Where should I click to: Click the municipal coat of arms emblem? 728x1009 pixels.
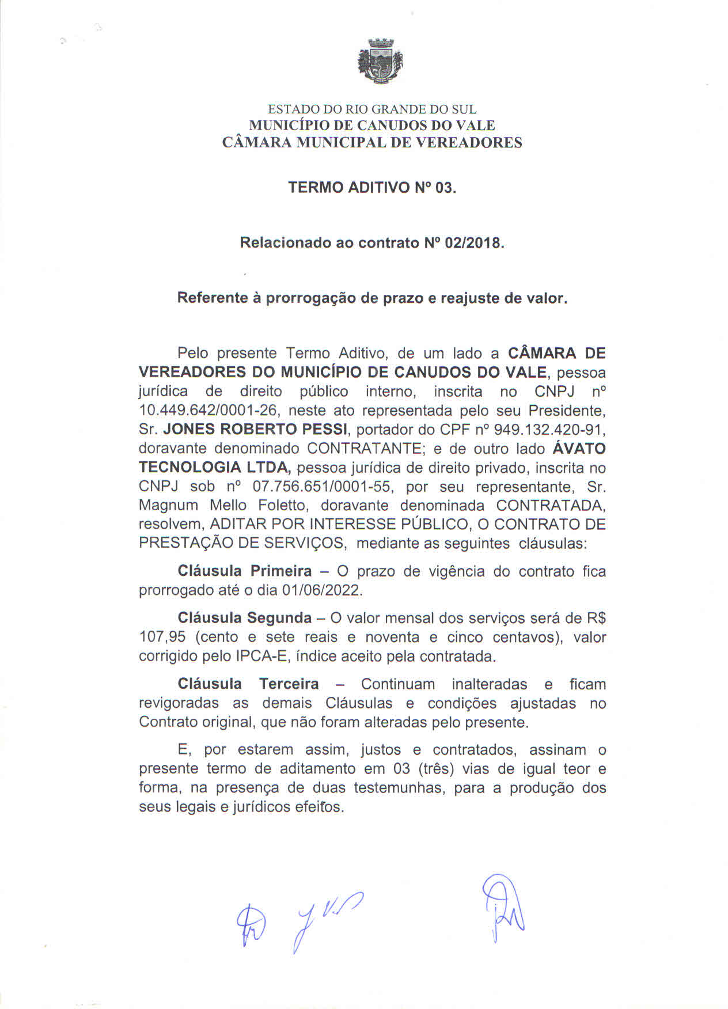380,61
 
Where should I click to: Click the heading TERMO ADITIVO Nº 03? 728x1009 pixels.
371,188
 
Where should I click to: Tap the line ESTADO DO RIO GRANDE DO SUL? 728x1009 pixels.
372,109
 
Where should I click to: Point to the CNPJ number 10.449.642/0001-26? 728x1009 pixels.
209,411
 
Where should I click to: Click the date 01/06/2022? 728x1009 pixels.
322,591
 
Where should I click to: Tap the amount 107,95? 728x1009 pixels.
160,638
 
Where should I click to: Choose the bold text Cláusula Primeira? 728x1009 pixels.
245,571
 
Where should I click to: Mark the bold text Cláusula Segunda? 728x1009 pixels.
245,618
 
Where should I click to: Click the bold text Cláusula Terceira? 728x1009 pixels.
248,684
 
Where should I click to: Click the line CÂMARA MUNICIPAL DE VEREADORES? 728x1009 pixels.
372,142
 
